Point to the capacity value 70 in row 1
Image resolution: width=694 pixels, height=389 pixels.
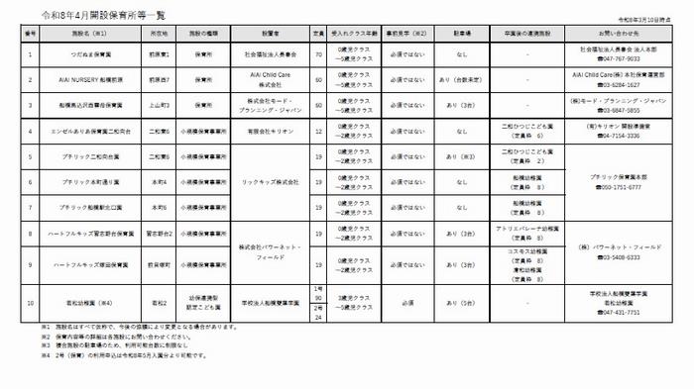pos(318,52)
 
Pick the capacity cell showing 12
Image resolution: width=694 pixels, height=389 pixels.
pos(318,131)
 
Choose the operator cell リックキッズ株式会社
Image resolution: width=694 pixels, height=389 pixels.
pos(270,182)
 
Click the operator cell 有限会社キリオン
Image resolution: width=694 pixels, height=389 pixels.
pos(270,131)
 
